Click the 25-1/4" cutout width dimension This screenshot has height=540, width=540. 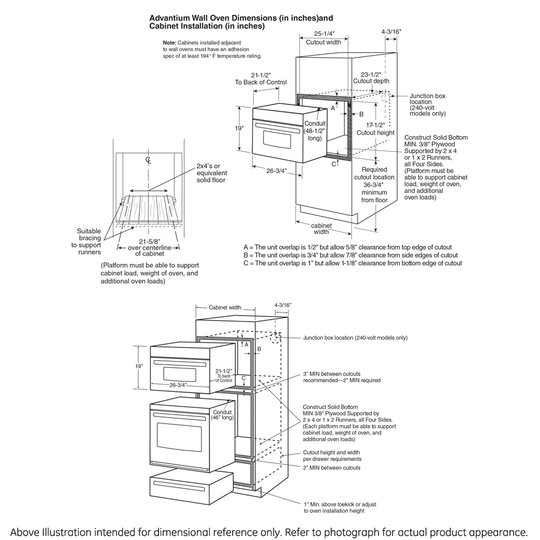coord(323,34)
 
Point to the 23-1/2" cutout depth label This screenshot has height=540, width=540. coord(371,74)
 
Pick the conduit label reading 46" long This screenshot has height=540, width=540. coord(223,415)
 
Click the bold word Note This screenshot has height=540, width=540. coord(169,43)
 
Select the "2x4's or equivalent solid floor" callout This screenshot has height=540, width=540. coord(211,172)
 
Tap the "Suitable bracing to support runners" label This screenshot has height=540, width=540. coord(89,242)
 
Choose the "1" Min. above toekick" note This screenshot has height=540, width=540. coord(340,508)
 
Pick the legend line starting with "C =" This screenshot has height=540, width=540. coord(352,263)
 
